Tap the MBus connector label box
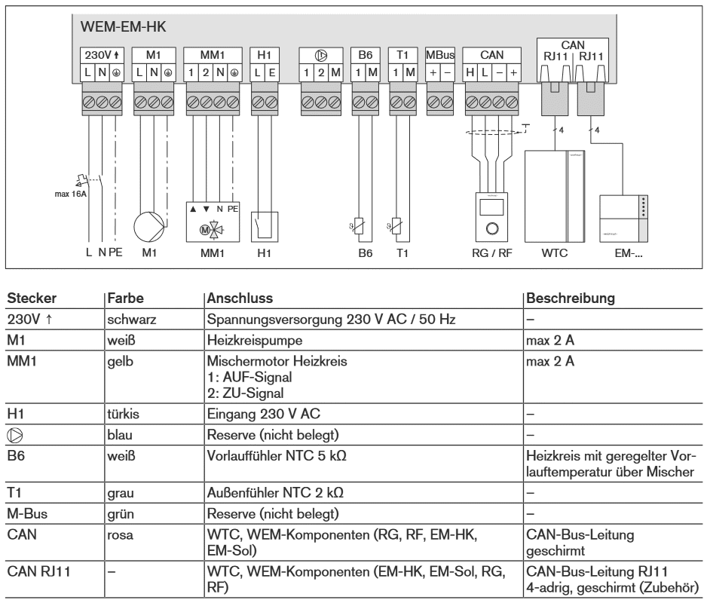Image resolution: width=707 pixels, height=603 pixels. click(x=439, y=55)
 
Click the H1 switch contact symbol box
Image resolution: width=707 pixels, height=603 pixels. click(x=264, y=225)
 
